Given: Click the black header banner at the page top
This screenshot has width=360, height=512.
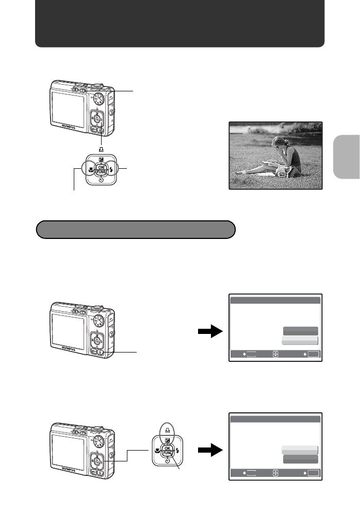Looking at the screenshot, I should click(x=179, y=24).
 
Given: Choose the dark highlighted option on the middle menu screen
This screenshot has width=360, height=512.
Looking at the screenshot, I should click(x=300, y=331).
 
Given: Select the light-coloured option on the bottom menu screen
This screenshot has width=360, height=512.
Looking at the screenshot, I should click(x=300, y=450).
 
